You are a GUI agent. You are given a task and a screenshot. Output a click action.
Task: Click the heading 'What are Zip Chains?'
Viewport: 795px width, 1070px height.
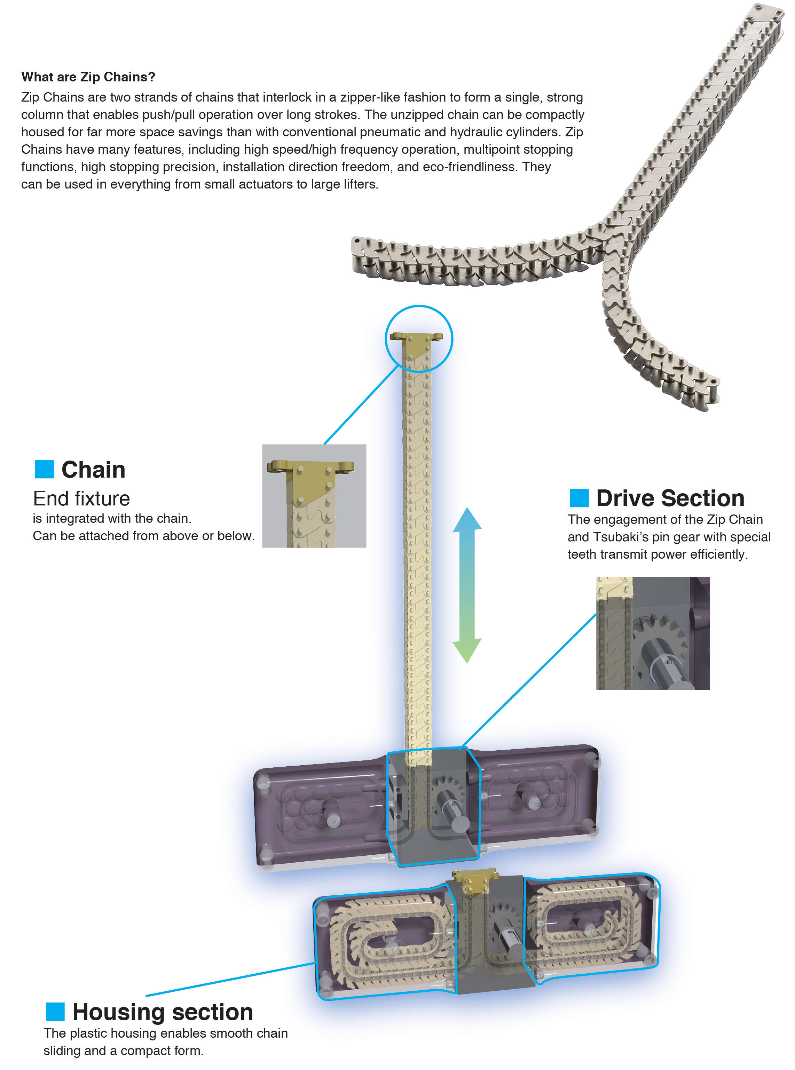click(88, 77)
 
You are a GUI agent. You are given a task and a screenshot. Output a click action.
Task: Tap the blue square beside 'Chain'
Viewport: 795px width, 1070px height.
click(44, 469)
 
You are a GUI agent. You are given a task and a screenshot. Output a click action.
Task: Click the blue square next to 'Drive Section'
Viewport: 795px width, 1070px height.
click(579, 498)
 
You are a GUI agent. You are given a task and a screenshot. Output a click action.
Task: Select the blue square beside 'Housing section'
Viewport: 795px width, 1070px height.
click(55, 1011)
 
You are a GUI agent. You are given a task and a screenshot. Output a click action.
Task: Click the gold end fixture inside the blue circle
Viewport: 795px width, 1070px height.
click(417, 343)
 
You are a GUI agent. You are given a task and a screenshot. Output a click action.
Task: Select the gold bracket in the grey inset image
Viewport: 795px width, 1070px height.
click(310, 479)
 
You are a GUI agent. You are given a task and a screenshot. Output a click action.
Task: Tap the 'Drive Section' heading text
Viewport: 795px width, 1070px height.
click(670, 498)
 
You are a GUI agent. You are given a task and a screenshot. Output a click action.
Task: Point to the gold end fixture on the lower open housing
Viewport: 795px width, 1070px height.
click(474, 880)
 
